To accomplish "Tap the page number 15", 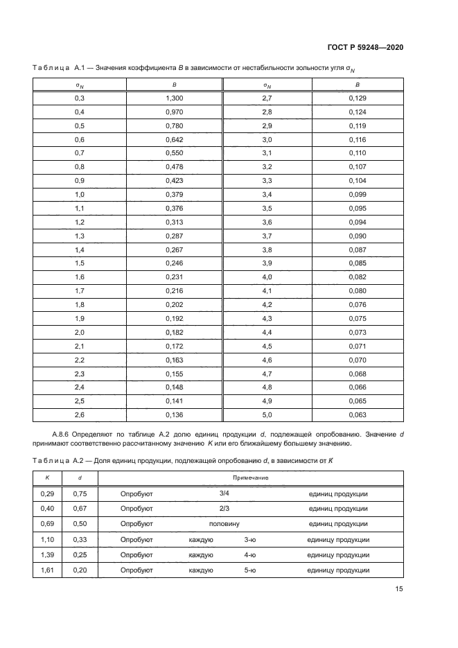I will tap(399, 590).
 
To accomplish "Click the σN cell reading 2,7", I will tap(267, 99).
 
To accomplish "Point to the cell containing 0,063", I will tap(358, 414).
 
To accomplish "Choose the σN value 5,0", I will tap(267, 414).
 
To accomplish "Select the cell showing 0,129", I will tap(358, 99).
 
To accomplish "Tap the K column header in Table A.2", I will tap(47, 478).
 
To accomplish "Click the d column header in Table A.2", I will tap(80, 478).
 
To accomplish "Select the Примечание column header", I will tap(251, 478).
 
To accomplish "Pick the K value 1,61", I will tap(47, 570).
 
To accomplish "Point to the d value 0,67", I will tap(80, 509).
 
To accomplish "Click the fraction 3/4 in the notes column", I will tap(224, 493).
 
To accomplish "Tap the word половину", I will tap(224, 524).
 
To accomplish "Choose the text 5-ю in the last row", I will tap(250, 570).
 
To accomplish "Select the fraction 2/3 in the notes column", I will tap(224, 509).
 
